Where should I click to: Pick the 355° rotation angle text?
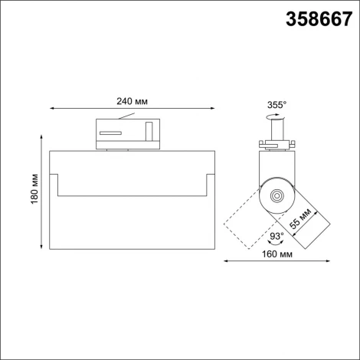coord(277,105)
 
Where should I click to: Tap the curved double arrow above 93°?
coord(275,225)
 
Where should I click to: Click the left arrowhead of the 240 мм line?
coord(51,107)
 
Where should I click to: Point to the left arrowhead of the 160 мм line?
coord(226,263)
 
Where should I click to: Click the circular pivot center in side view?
coord(277,197)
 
